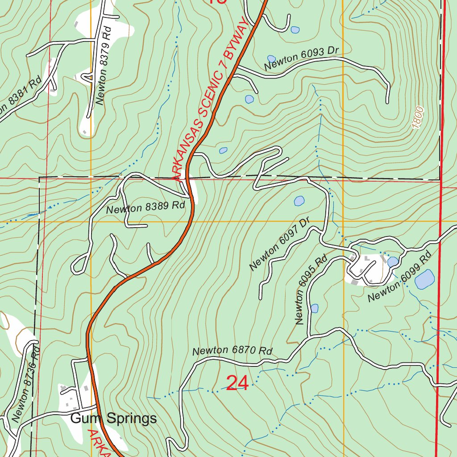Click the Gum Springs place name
114,418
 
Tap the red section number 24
237,383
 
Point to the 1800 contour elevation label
418,118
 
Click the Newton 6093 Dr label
302,58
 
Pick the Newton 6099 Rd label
399,277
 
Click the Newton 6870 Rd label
232,351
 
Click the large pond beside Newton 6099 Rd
424,279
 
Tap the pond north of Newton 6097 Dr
299,201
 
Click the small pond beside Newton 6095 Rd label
314,308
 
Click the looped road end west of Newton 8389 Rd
79,265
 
